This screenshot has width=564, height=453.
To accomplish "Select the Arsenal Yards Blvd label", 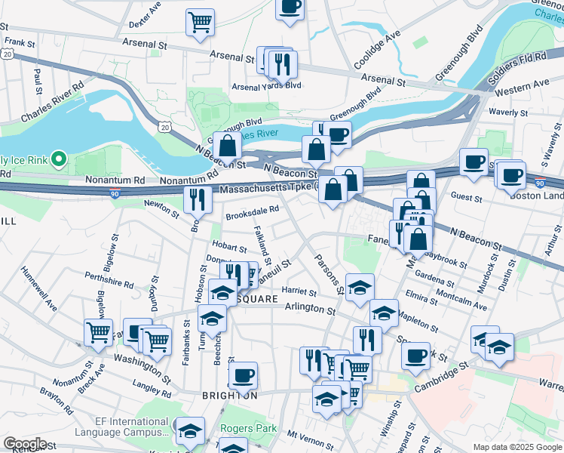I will [x=266, y=86].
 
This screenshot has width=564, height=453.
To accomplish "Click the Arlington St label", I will [x=310, y=309].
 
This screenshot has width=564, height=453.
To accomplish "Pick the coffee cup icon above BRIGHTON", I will [x=243, y=374].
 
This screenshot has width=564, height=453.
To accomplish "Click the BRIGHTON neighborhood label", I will [x=229, y=396].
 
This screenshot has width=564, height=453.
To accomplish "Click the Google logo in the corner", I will [x=25, y=444].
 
